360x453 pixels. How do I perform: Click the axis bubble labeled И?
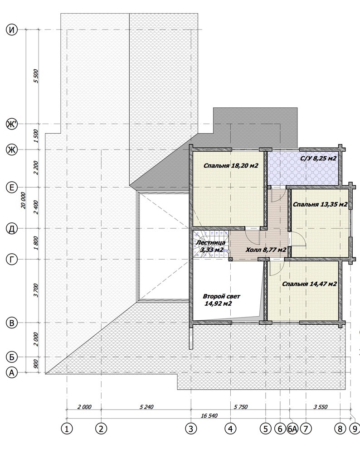(12, 30)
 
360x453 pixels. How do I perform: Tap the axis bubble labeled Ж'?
(12, 125)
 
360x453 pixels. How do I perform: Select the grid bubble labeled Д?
(12, 228)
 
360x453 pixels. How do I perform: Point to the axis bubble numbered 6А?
(292, 429)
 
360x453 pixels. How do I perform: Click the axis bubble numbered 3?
(191, 429)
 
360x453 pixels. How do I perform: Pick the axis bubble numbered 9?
(355, 429)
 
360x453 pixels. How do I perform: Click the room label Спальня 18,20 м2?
(231, 166)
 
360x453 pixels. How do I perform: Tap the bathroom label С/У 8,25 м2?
(318, 158)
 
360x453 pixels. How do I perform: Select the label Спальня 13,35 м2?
(320, 205)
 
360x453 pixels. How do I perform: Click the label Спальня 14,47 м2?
(309, 284)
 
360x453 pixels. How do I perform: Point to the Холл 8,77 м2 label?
(266, 250)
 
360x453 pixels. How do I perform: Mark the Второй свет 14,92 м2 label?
(221, 300)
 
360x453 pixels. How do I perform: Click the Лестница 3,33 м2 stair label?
(211, 246)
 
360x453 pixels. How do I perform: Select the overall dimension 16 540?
(209, 416)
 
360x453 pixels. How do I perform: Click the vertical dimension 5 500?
(36, 76)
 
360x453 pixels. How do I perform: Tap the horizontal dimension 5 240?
(146, 407)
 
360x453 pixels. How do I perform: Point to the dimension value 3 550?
(321, 407)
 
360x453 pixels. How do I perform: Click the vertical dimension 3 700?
(36, 291)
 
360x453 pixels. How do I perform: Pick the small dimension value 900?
(36, 365)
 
